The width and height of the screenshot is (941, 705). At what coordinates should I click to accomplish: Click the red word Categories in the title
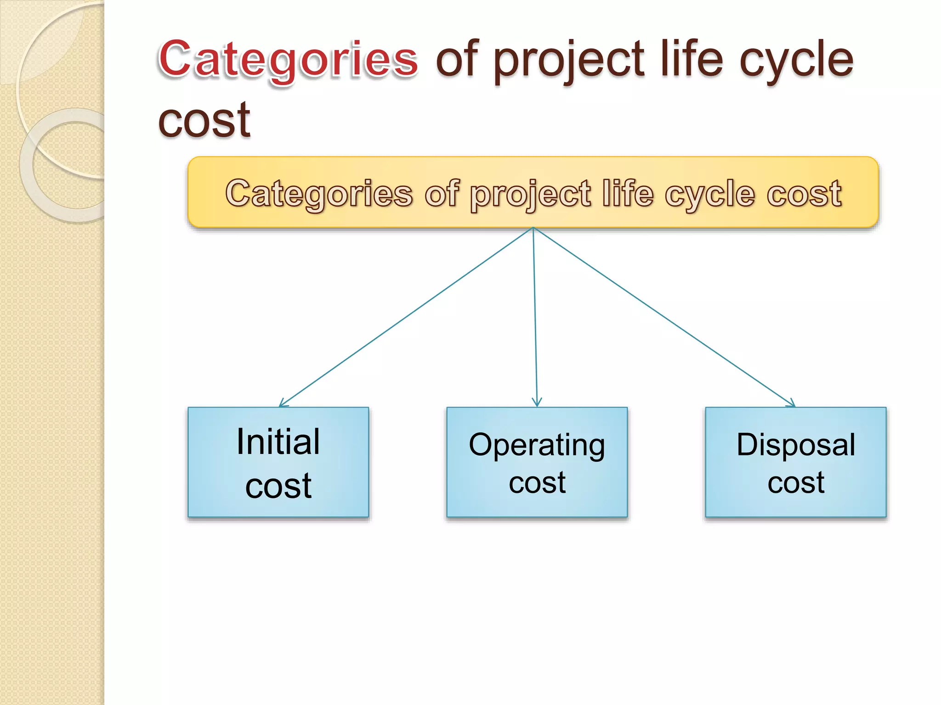coord(288,60)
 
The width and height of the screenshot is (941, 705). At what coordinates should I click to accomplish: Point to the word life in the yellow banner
coord(628,193)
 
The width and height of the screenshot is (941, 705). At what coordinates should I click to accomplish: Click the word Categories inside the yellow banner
coord(319,193)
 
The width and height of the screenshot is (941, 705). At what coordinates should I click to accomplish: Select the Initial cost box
coord(278,462)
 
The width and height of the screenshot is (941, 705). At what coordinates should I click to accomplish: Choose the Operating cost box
coord(537,462)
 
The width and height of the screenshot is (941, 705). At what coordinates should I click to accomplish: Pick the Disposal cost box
coord(796,462)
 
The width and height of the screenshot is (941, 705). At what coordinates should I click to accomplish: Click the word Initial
coord(278,442)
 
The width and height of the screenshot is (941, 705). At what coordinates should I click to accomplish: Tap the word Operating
coord(537,445)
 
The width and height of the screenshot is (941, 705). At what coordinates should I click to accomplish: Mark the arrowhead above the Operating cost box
coord(537,403)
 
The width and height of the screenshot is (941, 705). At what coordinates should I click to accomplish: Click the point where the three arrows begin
coord(533,228)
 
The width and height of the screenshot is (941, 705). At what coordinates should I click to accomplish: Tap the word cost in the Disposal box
coord(796,482)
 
